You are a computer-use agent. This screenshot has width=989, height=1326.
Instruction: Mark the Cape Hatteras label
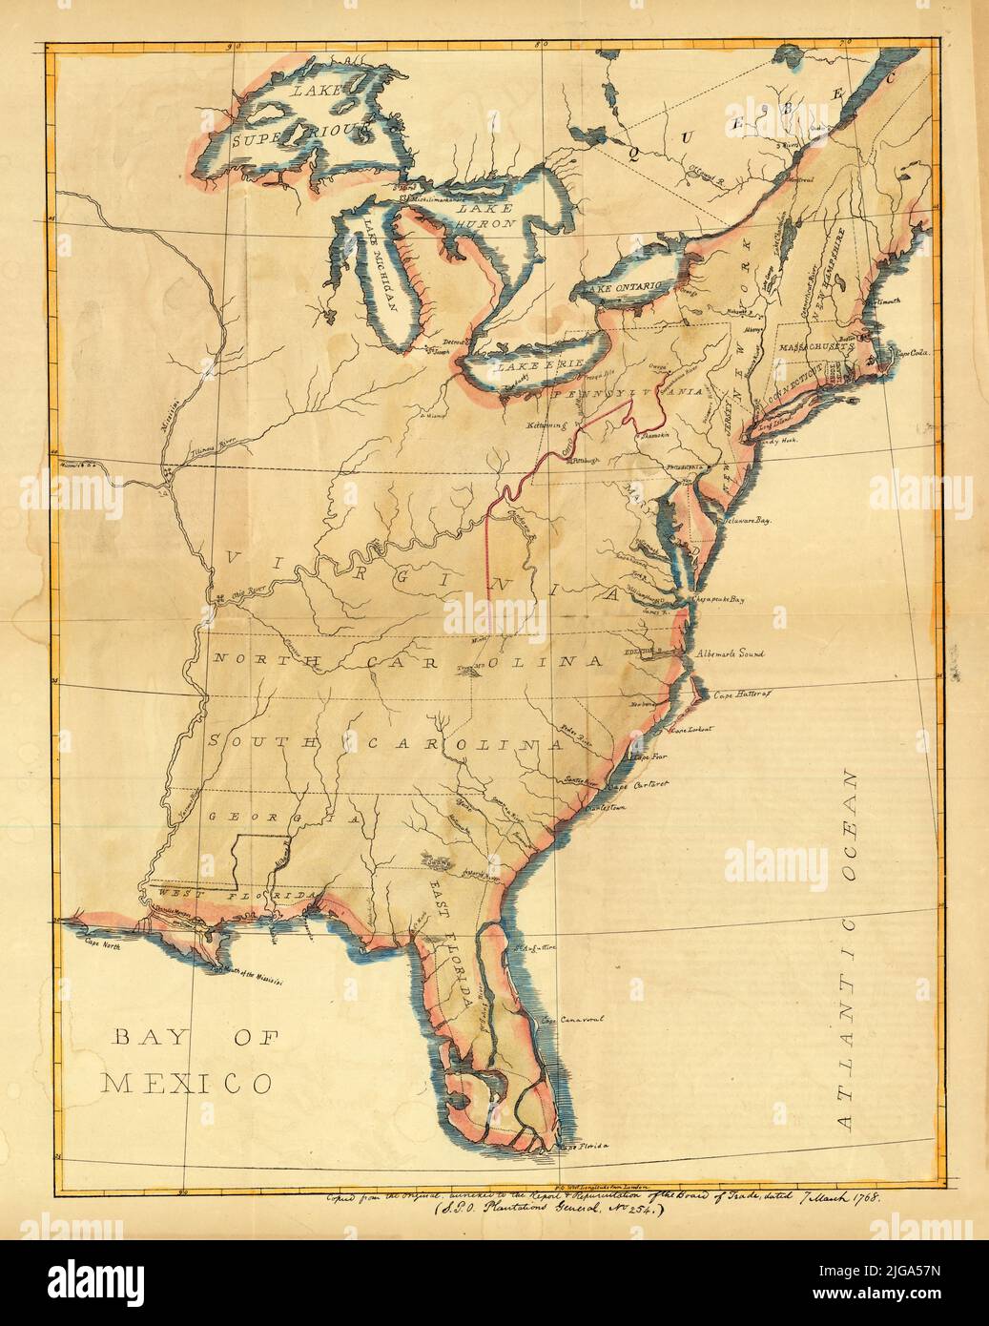click(740, 695)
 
